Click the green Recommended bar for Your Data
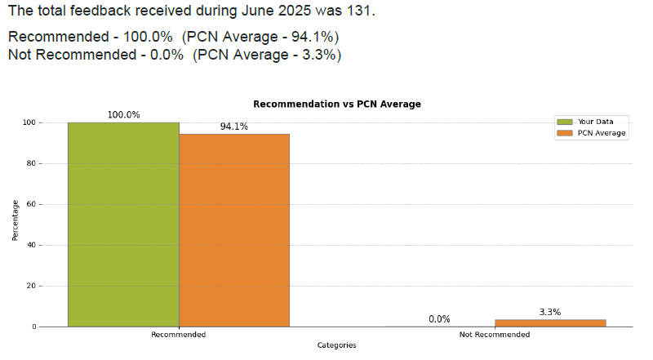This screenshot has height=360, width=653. [x=123, y=224]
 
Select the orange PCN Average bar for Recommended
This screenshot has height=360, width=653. [x=234, y=230]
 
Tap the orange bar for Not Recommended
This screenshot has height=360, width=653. [x=550, y=322]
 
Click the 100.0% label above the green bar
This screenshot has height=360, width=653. [x=123, y=115]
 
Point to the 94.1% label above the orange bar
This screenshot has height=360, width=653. [x=234, y=127]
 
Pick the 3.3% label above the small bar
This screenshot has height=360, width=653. [x=550, y=312]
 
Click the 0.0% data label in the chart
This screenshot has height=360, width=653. [x=439, y=319]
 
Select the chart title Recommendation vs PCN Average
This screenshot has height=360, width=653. [x=337, y=104]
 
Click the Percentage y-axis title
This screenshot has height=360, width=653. [x=15, y=220]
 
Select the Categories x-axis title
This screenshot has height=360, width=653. [x=337, y=346]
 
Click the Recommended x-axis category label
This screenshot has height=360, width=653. [x=179, y=335]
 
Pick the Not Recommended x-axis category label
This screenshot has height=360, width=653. [x=495, y=335]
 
